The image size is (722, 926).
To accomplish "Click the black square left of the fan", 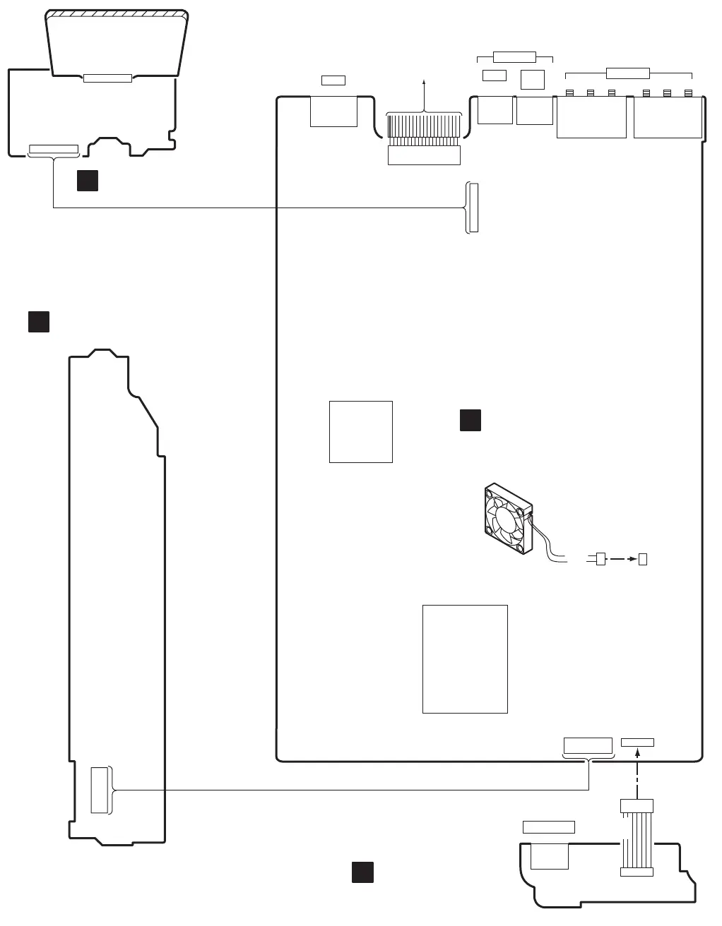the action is click(x=471, y=419).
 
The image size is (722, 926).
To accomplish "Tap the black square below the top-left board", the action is click(x=88, y=181).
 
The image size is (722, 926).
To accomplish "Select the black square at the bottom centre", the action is click(x=362, y=872).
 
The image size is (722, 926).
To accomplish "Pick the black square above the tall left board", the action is click(x=39, y=321).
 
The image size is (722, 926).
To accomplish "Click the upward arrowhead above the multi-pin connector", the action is click(x=424, y=83).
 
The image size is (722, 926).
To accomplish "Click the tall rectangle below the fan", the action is click(x=465, y=659).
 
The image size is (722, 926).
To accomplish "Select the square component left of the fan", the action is click(x=361, y=432).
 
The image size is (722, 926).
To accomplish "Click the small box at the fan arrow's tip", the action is click(x=643, y=559).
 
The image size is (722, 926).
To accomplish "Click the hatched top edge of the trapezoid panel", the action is click(x=117, y=14).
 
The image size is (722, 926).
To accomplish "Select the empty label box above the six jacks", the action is click(x=628, y=72).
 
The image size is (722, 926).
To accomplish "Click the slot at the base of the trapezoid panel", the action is click(x=107, y=78).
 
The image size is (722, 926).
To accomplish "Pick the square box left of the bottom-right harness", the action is click(x=550, y=855).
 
